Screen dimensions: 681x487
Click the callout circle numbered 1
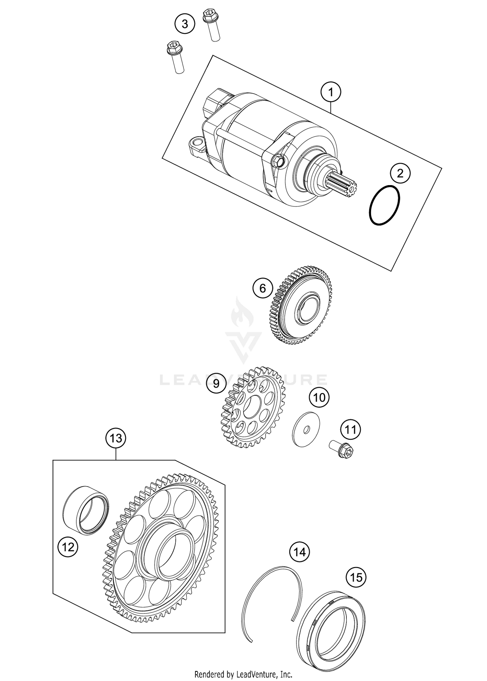[x=331, y=93]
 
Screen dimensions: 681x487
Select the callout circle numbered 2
[x=400, y=173]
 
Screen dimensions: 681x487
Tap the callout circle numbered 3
[x=185, y=24]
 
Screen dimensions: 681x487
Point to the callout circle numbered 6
[x=263, y=288]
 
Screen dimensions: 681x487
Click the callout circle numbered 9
[x=216, y=384]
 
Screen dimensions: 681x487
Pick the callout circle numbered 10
[x=319, y=397]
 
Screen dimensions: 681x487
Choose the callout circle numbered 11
[x=350, y=430]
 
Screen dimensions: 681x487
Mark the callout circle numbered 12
[x=68, y=548]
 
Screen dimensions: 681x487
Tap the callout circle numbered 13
[x=116, y=438]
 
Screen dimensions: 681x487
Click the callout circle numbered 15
[x=356, y=577]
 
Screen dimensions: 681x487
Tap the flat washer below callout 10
[x=306, y=430]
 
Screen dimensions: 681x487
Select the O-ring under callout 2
[x=385, y=205]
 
